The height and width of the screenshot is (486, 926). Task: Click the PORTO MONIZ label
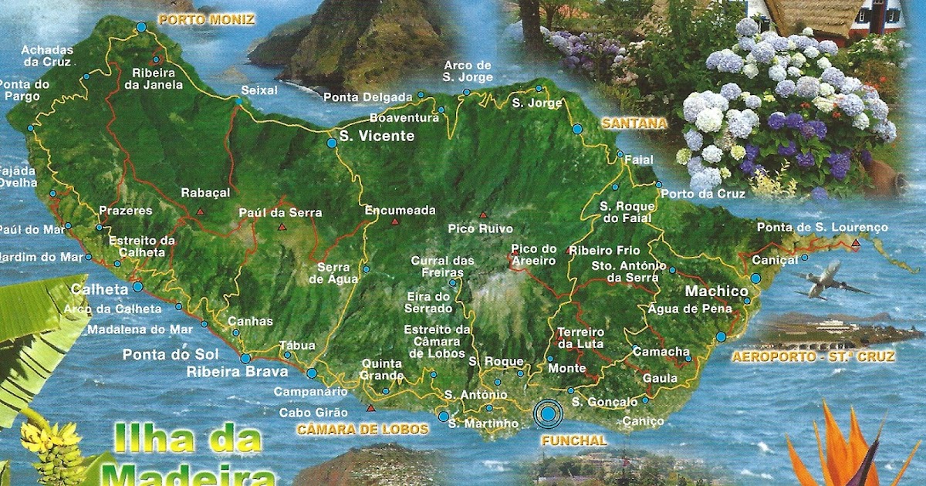pyautogui.click(x=205, y=19)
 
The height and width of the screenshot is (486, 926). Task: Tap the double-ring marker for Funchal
pyautogui.click(x=548, y=414)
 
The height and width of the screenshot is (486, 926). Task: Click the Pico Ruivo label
pyautogui.click(x=480, y=229)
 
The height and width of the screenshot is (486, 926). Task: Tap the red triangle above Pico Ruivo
pyautogui.click(x=483, y=215)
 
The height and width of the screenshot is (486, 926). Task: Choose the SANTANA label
pyautogui.click(x=634, y=123)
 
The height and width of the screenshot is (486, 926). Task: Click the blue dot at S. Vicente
pyautogui.click(x=332, y=143)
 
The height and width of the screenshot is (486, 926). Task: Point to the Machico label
pyautogui.click(x=716, y=291)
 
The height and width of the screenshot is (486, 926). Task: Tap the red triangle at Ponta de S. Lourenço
pyautogui.click(x=855, y=244)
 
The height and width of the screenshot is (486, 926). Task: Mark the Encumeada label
pyautogui.click(x=400, y=210)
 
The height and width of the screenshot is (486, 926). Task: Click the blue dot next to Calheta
pyautogui.click(x=137, y=287)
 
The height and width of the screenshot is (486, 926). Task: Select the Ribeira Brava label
pyautogui.click(x=227, y=372)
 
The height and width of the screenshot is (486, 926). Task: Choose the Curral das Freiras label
pyautogui.click(x=442, y=266)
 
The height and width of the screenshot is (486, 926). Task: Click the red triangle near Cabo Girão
pyautogui.click(x=371, y=408)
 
